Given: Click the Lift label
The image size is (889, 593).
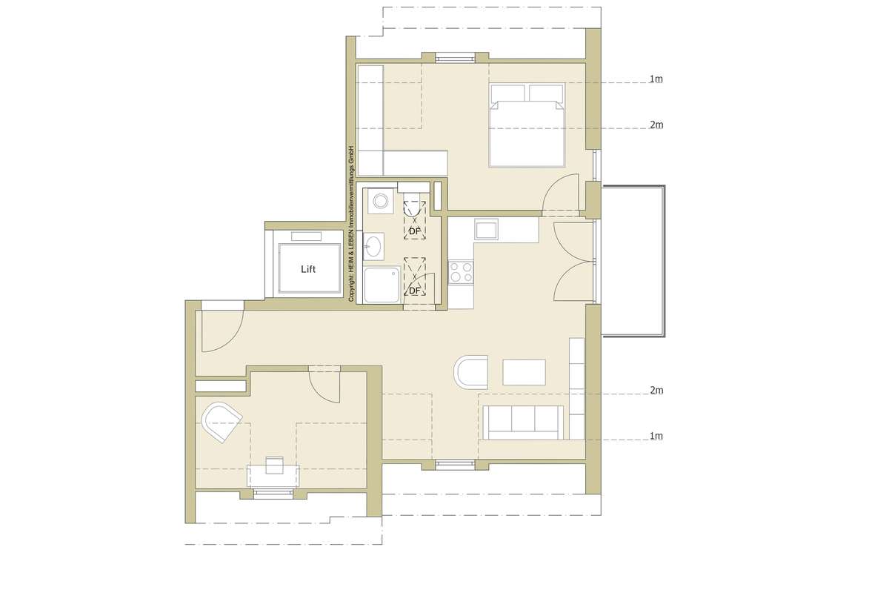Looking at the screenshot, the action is (308, 269).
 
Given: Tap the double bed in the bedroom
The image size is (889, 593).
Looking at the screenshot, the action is (527, 125).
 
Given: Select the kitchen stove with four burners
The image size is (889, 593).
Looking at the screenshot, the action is (461, 272).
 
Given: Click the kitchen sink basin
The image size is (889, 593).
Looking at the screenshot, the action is (487, 229).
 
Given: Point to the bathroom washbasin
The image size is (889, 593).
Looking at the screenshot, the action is (373, 246).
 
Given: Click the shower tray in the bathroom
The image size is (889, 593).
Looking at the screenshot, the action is (382, 285).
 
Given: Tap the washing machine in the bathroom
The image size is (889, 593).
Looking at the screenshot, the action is (380, 201).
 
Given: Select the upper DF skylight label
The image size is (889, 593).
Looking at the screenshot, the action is (414, 231).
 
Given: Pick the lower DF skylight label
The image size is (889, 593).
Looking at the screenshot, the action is (414, 291).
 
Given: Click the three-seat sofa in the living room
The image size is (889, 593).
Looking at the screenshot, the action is (523, 423).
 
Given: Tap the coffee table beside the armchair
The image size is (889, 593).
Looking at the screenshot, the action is (524, 372).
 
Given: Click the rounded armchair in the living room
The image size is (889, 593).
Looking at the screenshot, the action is (471, 372).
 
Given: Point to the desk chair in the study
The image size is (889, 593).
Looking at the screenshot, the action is (274, 466).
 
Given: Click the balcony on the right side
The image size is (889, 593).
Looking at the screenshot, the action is (633, 261).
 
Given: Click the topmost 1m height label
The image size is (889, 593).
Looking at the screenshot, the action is (656, 79).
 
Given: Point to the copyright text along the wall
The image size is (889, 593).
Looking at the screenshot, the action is (351, 224).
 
